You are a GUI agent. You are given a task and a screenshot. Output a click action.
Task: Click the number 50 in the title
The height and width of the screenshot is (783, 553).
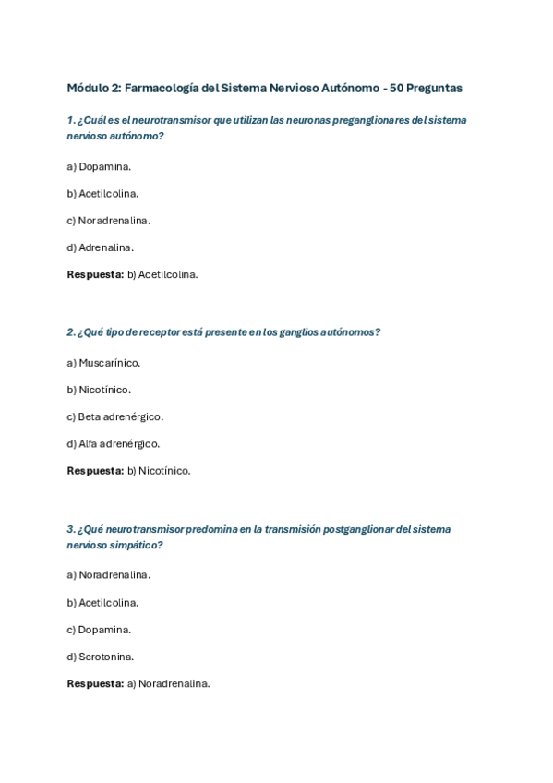click(x=397, y=89)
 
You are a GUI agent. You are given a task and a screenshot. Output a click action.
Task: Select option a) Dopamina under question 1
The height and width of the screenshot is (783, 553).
click(x=99, y=167)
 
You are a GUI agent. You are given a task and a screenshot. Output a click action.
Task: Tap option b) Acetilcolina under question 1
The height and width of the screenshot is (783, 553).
click(x=102, y=194)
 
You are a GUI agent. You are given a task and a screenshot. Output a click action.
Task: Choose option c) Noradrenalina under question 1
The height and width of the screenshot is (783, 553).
click(x=108, y=221)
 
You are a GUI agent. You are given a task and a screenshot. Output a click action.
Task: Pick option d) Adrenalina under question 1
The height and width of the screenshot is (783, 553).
click(x=100, y=247)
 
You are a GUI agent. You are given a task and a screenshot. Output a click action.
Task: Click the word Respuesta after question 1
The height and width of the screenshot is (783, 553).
click(x=95, y=274)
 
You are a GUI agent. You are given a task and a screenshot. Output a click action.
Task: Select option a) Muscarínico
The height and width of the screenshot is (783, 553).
click(x=103, y=363)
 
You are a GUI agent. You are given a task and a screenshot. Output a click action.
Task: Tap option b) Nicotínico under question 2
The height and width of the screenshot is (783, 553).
click(x=99, y=390)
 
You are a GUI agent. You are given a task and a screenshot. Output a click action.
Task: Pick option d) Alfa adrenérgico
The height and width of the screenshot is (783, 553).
click(x=113, y=443)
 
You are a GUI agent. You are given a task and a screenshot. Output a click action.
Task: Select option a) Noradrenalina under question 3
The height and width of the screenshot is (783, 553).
click(x=108, y=575)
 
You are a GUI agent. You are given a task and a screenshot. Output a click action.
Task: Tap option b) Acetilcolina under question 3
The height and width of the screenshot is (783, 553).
click(x=102, y=603)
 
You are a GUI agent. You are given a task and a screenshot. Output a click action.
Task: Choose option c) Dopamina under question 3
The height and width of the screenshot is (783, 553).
click(x=99, y=630)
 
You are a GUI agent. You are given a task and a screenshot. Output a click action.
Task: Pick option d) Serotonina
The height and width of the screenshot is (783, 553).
click(x=100, y=657)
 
